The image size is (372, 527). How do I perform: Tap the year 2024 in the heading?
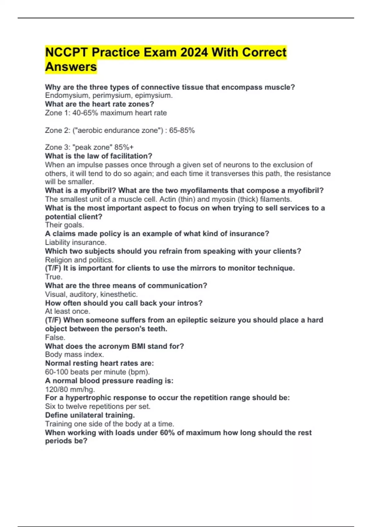pyautogui.click(x=194, y=52)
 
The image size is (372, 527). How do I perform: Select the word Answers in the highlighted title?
pyautogui.click(x=71, y=67)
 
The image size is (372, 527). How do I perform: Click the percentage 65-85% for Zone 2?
pyautogui.click(x=182, y=130)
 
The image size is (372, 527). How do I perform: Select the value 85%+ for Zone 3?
pyautogui.click(x=124, y=147)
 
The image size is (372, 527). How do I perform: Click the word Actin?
pyautogui.click(x=168, y=199)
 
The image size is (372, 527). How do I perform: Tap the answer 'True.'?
pyautogui.click(x=54, y=277)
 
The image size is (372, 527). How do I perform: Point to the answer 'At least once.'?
pyautogui.click(x=68, y=311)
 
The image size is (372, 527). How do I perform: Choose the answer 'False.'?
pyautogui.click(x=55, y=337)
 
